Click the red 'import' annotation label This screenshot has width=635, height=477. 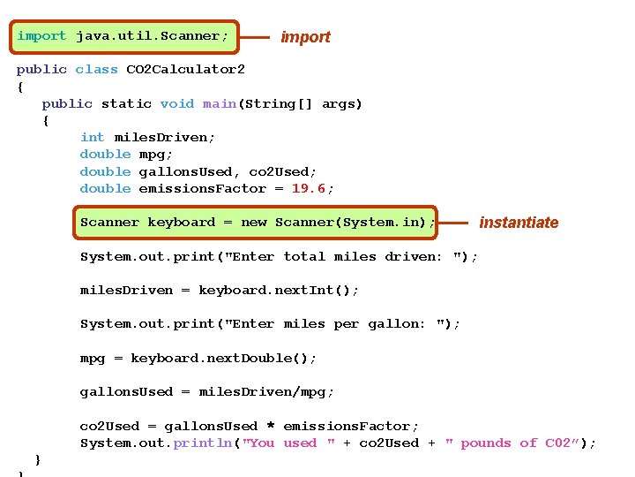point(305,37)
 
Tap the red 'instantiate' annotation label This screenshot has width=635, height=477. point(519,223)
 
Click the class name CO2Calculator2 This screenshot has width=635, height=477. point(185,69)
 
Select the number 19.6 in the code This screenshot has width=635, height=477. point(309,188)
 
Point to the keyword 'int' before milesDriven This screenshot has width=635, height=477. point(92,137)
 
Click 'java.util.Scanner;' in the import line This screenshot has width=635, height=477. point(152,36)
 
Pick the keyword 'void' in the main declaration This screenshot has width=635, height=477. point(177,103)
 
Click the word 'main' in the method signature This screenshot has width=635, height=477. point(219,103)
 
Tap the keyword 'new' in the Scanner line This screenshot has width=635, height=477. point(253,223)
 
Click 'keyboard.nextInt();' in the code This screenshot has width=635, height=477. point(279,290)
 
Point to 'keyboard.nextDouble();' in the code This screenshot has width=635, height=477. point(223,358)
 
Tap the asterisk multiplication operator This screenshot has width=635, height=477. point(271,427)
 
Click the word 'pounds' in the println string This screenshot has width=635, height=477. point(486,443)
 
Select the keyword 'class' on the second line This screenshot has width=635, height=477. point(96,69)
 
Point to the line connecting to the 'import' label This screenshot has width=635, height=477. point(255,38)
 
